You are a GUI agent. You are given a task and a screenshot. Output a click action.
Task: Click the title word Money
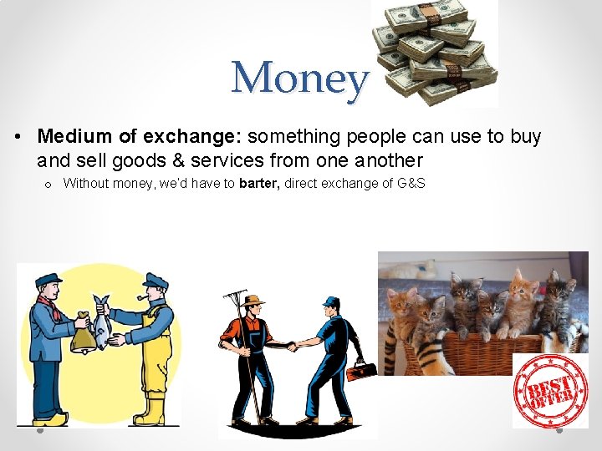tap(299, 79)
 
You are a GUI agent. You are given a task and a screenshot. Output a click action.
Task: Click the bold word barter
tap(259, 183)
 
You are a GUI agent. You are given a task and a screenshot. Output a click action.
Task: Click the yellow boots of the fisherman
tap(150, 412)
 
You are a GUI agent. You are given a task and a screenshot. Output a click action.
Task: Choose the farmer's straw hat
tap(252, 300)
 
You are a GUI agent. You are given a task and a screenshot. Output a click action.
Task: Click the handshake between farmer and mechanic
tap(291, 344)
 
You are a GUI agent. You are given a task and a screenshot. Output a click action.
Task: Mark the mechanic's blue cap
tap(332, 302)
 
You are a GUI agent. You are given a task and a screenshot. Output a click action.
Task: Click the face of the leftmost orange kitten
tap(402, 302)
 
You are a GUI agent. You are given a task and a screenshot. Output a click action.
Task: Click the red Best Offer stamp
tap(550, 391)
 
